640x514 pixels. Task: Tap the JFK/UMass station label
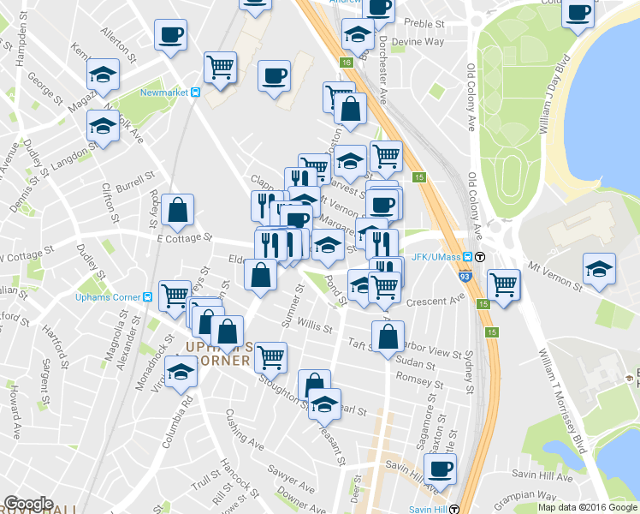pyautogui.click(x=438, y=255)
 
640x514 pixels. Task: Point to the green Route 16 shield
pyautogui.click(x=347, y=63)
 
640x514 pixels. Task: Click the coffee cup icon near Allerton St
pyautogui.click(x=170, y=35)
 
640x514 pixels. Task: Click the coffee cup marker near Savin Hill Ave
pyautogui.click(x=441, y=469)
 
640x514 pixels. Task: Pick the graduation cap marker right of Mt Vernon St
pyautogui.click(x=599, y=268)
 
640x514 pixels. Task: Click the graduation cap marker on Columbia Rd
pyautogui.click(x=181, y=373)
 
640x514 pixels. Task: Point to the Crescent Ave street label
pyautogui.click(x=435, y=302)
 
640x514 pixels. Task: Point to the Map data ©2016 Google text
pyautogui.click(x=588, y=507)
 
